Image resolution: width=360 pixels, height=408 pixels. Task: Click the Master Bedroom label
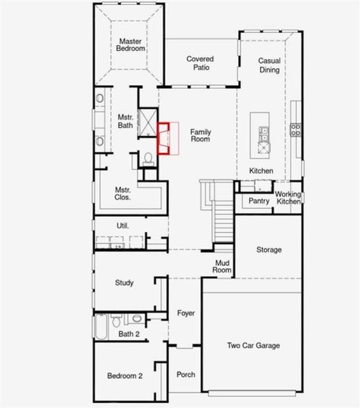[x=129, y=45]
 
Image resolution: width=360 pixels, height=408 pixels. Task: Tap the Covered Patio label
[x=201, y=63]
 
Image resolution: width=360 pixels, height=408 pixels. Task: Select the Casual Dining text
[x=269, y=65]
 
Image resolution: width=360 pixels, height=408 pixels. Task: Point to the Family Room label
[x=200, y=135]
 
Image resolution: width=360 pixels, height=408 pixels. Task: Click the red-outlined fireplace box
[x=168, y=139]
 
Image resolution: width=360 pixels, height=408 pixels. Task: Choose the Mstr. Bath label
[x=125, y=121]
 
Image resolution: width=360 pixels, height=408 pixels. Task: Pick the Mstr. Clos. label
[x=122, y=194]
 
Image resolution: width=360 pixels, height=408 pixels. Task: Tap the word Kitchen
[x=261, y=171]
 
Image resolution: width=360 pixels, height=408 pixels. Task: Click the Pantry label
[x=259, y=201]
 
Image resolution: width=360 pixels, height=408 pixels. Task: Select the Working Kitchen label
[x=288, y=198]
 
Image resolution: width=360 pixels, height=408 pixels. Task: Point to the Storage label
[x=269, y=250]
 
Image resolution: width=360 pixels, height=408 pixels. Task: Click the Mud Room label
[x=223, y=266]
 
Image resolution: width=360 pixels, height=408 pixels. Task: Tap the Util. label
[x=122, y=226]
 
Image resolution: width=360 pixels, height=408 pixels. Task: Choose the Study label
[x=124, y=283]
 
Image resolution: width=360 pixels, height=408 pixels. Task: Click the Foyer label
[x=186, y=313]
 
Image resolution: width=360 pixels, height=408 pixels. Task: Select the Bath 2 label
[x=128, y=334]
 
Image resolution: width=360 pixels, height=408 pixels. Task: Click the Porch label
[x=186, y=375]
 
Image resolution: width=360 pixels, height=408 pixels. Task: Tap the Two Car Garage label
[x=253, y=346]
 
